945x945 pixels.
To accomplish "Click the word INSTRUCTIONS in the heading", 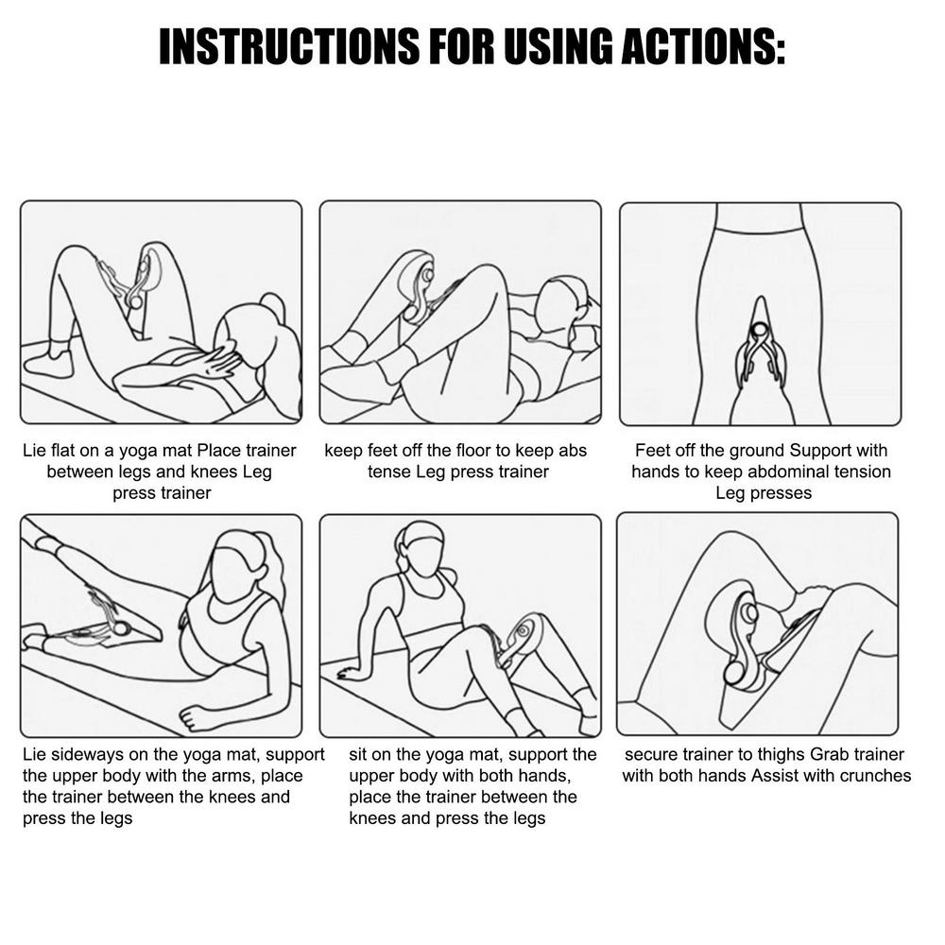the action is [x=288, y=46].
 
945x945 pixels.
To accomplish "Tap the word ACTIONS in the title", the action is [x=703, y=46].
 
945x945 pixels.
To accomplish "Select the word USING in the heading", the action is [x=558, y=46].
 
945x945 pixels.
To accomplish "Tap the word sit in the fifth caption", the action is [x=358, y=754].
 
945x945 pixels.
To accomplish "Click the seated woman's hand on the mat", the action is [x=346, y=673].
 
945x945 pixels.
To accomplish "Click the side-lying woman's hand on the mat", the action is [x=198, y=718].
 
